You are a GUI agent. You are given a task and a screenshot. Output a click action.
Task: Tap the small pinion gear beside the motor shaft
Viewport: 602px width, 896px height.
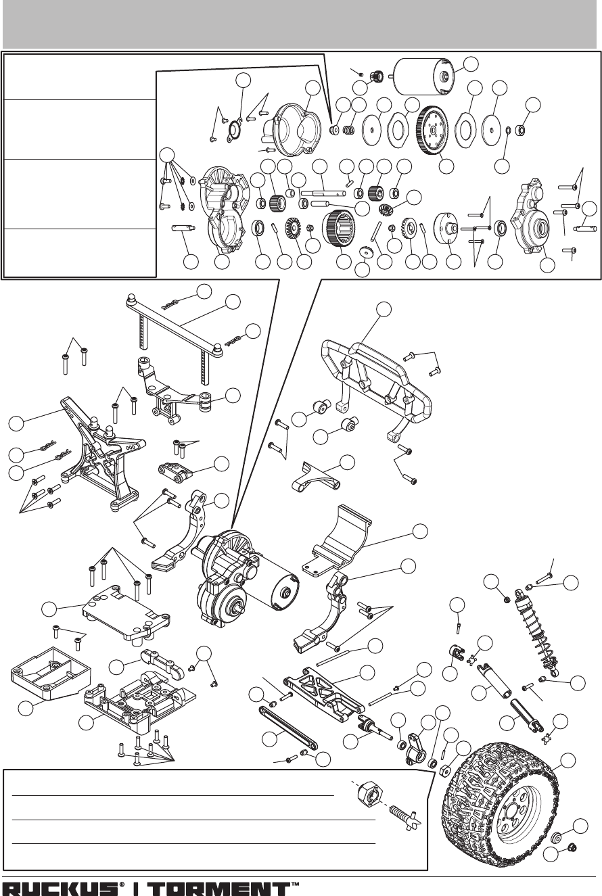click(375, 76)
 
